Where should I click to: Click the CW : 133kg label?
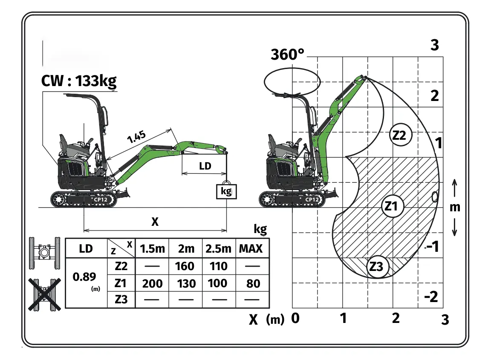pos(79,81)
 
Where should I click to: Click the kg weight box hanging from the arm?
pos(226,191)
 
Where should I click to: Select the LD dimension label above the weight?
pos(205,166)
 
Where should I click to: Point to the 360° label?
pos(287,55)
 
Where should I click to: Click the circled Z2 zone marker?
pos(401,135)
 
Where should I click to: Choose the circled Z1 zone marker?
pos(392,206)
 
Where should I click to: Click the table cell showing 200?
pos(152,283)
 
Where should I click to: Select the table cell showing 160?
pos(185,266)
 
